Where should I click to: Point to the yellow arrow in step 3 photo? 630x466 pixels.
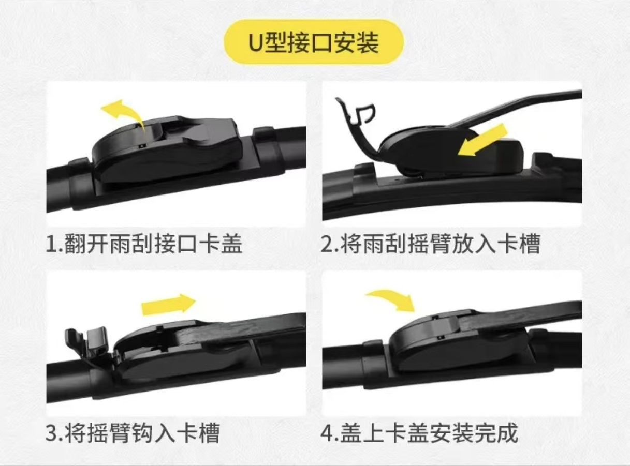(168, 304)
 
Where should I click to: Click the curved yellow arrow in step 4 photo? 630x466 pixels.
(391, 300)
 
